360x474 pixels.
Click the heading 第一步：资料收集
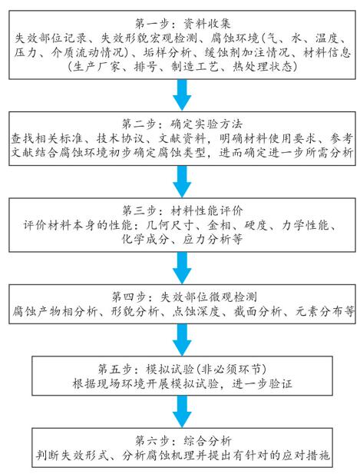[x=183, y=24]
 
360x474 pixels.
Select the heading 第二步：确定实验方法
[x=183, y=124]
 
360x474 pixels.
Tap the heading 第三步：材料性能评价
[x=183, y=210]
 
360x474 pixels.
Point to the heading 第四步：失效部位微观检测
[x=184, y=297]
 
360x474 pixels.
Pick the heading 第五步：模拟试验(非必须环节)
[x=182, y=369]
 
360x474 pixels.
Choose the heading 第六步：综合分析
[x=183, y=441]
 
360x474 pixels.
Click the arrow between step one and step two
[x=182, y=94]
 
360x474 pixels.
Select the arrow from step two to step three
[x=182, y=181]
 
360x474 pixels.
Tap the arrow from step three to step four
[x=182, y=268]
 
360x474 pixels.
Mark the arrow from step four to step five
[x=182, y=340]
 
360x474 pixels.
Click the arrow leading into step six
[x=182, y=412]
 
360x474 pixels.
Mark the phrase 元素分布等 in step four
[x=325, y=311]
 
